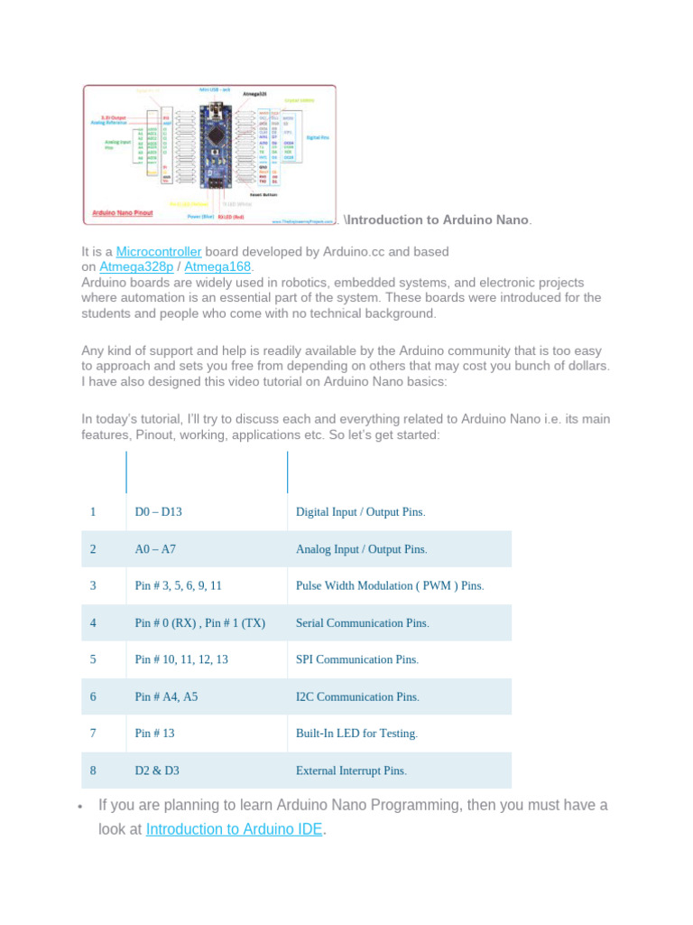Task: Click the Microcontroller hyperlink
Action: click(158, 251)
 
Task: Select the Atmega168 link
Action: click(217, 267)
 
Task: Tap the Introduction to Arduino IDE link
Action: click(234, 828)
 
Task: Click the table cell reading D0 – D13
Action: click(159, 512)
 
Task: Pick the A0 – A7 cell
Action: click(155, 549)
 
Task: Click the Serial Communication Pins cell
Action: click(362, 623)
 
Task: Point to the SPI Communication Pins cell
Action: click(356, 660)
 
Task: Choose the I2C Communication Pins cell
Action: click(357, 697)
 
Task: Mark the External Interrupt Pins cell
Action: click(351, 771)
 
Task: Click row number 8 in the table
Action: click(93, 771)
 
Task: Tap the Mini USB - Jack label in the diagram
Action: click(215, 90)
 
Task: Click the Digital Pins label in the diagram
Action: click(317, 137)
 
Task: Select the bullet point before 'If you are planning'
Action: click(81, 806)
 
